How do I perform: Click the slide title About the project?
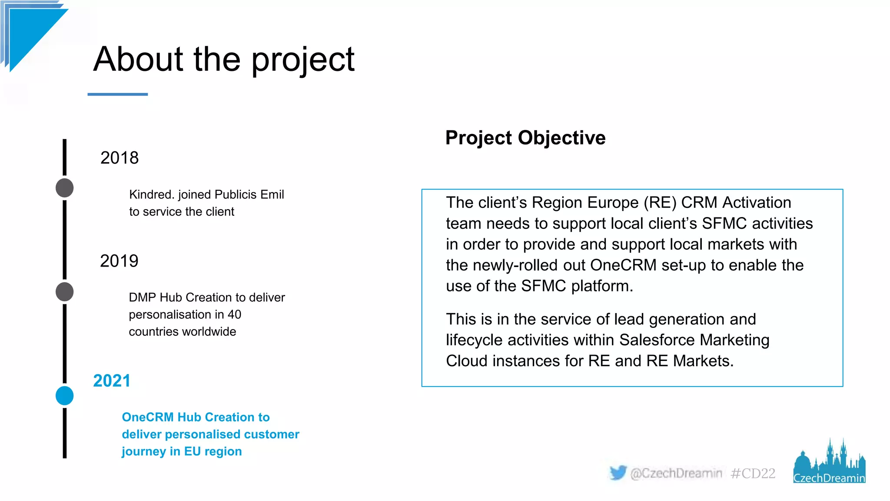(224, 60)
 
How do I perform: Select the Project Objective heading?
(525, 138)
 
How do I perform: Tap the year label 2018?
(120, 158)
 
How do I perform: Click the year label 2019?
(119, 261)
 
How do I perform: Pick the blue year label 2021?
(112, 381)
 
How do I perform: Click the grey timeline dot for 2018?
(65, 188)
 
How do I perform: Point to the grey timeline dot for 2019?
(65, 291)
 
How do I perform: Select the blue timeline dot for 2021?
(65, 396)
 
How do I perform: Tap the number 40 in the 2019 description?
(234, 314)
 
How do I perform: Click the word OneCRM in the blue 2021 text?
(148, 417)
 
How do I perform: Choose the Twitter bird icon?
(618, 472)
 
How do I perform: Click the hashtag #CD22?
(753, 473)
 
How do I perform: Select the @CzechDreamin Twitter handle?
(676, 473)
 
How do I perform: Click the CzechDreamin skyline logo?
(829, 463)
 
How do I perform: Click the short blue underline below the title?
(118, 94)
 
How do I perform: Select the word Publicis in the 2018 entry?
(236, 194)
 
